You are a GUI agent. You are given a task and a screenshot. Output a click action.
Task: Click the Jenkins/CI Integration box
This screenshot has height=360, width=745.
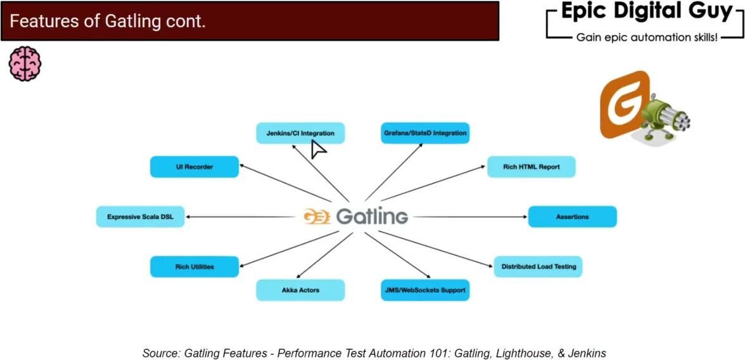(x=300, y=133)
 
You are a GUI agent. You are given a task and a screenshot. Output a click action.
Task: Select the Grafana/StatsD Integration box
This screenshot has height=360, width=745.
(x=425, y=133)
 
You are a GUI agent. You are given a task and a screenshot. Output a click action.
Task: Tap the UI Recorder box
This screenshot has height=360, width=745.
(x=194, y=167)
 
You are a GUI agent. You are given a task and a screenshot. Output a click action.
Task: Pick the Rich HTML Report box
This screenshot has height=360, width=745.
(x=531, y=167)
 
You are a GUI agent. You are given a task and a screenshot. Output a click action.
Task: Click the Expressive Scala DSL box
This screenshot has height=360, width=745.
(x=140, y=217)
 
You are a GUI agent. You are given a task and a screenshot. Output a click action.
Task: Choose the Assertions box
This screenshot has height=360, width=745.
(x=572, y=217)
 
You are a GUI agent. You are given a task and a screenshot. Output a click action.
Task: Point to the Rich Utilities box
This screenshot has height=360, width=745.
(x=194, y=267)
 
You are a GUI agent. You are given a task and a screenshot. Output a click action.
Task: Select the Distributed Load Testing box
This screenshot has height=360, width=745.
(x=538, y=267)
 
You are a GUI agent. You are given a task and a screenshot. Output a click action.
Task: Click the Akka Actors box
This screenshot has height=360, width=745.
(x=300, y=290)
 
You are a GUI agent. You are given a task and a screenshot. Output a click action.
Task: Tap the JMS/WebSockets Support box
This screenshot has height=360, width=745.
(x=425, y=290)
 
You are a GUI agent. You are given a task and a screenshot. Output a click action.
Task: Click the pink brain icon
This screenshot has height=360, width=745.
(x=25, y=63)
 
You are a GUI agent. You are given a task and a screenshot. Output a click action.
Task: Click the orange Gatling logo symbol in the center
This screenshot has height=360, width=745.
(x=316, y=216)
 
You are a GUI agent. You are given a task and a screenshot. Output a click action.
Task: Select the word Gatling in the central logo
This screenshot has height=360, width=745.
(x=372, y=216)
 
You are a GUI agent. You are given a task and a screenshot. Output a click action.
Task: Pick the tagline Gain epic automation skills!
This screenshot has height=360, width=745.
(x=646, y=37)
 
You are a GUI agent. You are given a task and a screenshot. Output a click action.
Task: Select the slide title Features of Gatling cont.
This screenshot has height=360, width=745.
(x=108, y=22)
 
